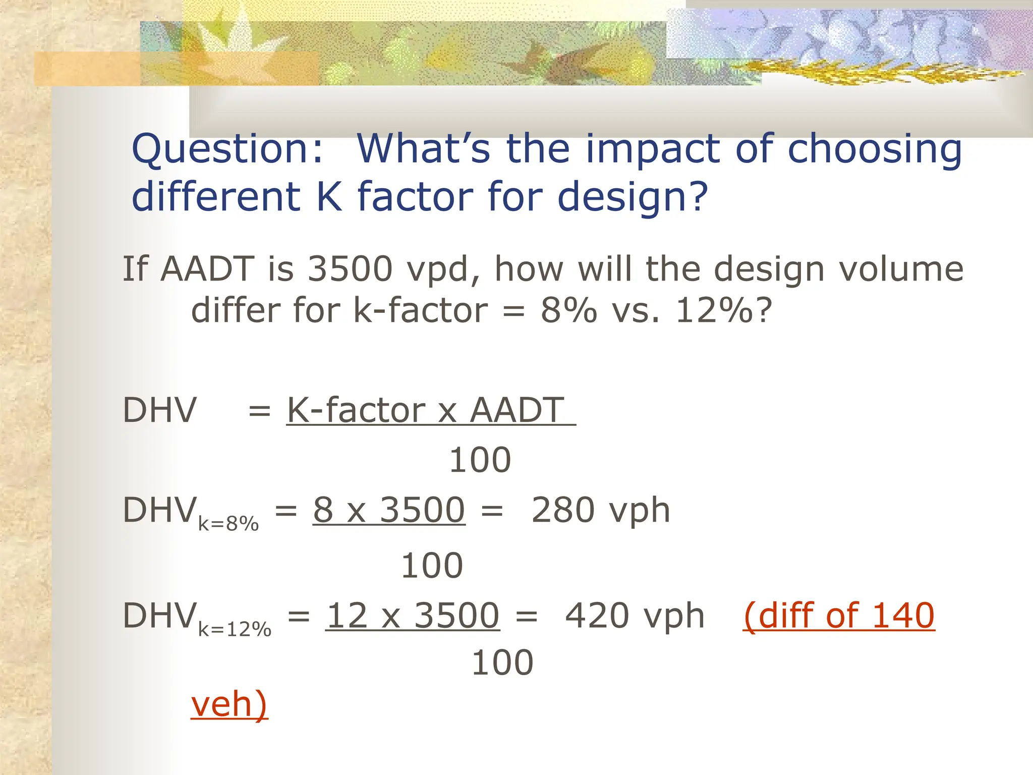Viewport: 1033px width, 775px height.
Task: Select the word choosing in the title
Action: tap(875, 149)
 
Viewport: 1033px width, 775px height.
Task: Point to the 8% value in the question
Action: tap(569, 310)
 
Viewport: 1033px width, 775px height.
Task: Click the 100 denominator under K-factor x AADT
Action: tap(480, 460)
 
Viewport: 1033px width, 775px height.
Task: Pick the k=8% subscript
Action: tap(228, 524)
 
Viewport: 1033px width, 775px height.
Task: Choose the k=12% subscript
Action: tap(235, 630)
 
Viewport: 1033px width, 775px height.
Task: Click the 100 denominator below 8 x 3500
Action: tap(432, 566)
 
